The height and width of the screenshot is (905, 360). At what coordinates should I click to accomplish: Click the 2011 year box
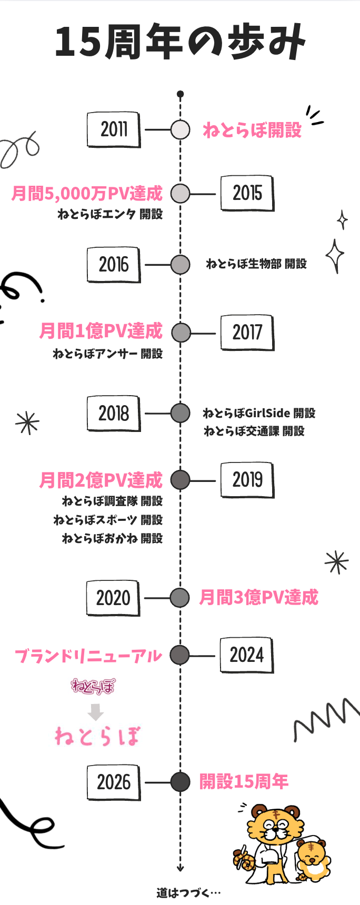114,129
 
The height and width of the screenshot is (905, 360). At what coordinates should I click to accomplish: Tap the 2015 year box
247,194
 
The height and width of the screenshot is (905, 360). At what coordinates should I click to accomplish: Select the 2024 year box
247,656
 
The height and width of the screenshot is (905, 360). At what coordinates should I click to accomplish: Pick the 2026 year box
114,782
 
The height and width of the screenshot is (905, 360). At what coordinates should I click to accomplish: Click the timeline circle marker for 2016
181,265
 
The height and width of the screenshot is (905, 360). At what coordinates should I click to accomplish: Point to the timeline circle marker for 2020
180,598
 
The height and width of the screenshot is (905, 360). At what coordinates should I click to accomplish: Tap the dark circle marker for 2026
180,782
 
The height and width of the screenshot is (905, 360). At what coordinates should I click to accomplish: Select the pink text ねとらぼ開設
252,129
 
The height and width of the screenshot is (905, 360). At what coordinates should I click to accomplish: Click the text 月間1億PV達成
101,331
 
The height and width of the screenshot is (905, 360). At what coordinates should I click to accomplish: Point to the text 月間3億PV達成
259,597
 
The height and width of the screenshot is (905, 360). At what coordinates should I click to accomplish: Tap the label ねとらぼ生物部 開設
256,264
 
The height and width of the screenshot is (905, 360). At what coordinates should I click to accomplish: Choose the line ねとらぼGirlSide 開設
259,413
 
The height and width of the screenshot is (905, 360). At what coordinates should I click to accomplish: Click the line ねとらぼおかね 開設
112,538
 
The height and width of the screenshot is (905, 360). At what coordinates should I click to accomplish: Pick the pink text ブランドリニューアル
88,656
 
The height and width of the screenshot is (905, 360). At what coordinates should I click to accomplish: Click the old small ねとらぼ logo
93,686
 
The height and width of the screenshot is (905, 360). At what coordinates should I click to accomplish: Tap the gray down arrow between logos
95,712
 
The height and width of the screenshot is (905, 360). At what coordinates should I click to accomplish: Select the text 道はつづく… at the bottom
188,892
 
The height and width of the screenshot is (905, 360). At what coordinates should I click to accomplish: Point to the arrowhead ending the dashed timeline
180,868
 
